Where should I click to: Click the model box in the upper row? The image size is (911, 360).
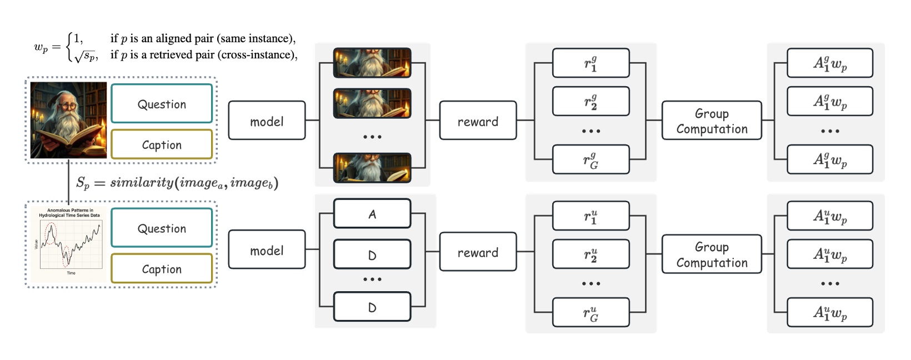click(267, 121)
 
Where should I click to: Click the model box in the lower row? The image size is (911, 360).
click(267, 250)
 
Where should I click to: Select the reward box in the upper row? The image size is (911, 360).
click(478, 121)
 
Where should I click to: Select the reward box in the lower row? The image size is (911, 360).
click(478, 252)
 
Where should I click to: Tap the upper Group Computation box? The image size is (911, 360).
click(712, 121)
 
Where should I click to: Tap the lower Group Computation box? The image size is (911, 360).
click(712, 254)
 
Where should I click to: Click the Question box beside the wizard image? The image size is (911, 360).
click(162, 104)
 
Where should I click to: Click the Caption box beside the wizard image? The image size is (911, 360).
click(162, 144)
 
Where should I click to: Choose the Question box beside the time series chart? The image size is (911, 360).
click(162, 228)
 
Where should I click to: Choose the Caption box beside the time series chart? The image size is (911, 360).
click(162, 269)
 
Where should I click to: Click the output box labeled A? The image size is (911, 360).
click(372, 214)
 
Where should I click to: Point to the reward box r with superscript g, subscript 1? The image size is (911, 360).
click(590, 63)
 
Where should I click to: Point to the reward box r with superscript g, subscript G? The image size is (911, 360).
click(590, 160)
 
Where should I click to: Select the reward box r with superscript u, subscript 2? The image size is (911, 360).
click(590, 254)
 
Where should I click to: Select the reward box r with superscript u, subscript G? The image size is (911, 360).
click(590, 313)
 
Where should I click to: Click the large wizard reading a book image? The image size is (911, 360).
click(68, 120)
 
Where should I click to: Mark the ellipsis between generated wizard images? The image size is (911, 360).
click(372, 136)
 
